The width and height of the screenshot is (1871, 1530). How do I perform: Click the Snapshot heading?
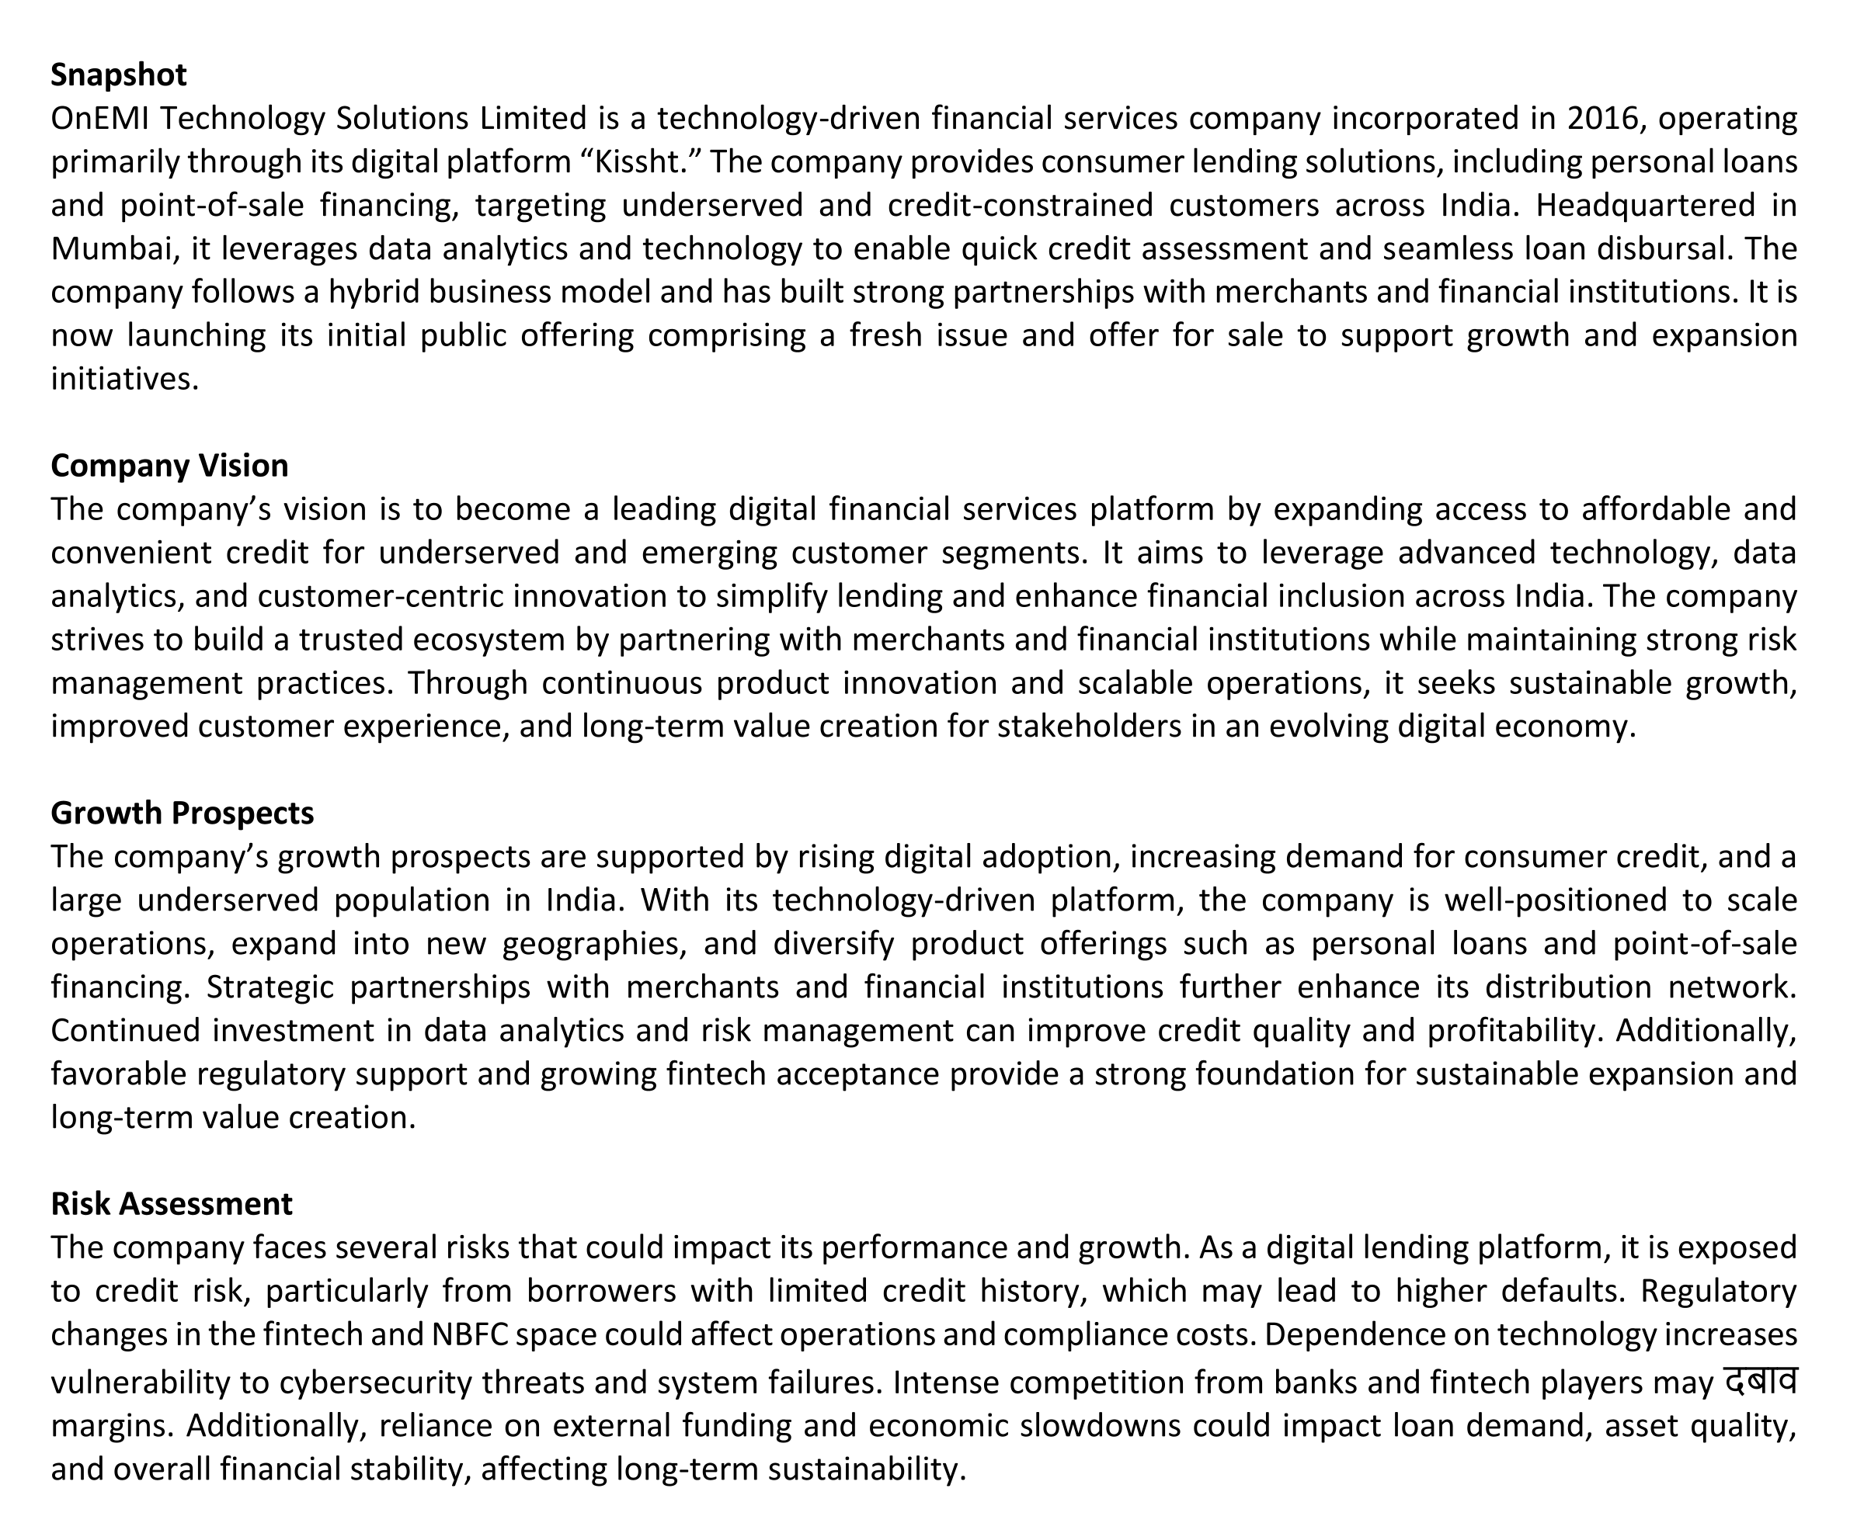click(118, 75)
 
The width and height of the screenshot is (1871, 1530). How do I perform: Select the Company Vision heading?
click(169, 465)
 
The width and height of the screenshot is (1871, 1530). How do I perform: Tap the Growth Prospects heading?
click(182, 813)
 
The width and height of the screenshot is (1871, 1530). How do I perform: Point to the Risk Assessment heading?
click(171, 1203)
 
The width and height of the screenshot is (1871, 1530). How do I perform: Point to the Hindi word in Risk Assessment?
click(1760, 1380)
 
